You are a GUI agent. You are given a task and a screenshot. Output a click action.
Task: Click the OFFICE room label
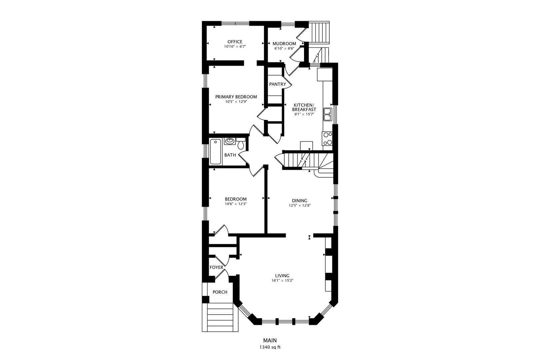click(x=235, y=42)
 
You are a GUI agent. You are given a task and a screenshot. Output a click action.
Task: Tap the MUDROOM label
click(x=284, y=44)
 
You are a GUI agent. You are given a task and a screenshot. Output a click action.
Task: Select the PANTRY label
click(x=277, y=84)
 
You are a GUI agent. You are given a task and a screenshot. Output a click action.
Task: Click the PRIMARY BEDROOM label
click(x=236, y=97)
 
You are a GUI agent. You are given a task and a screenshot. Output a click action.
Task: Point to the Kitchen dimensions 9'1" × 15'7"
click(x=304, y=114)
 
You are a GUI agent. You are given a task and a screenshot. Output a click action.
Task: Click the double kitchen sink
click(x=328, y=114)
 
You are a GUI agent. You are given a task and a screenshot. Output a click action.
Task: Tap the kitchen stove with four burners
click(x=327, y=139)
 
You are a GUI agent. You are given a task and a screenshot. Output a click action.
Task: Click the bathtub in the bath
click(x=215, y=152)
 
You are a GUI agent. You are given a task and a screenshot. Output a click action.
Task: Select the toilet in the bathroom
click(x=241, y=144)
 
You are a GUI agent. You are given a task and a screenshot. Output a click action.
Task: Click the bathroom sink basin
click(x=229, y=141)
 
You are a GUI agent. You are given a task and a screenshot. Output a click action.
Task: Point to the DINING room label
click(x=300, y=201)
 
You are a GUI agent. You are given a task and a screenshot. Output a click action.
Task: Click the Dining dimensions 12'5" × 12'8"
click(x=299, y=206)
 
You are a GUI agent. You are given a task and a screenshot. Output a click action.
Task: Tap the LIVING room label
click(x=282, y=276)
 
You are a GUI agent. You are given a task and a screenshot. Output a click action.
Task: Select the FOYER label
click(x=216, y=267)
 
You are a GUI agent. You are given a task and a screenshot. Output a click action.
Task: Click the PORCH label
click(x=220, y=292)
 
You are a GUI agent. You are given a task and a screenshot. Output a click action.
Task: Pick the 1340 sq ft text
click(x=270, y=347)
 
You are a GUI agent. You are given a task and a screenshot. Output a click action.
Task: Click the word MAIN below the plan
click(x=270, y=340)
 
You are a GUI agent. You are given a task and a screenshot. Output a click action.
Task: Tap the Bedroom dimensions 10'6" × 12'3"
click(x=236, y=204)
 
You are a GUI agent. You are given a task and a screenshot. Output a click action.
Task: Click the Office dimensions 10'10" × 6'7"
click(x=235, y=47)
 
